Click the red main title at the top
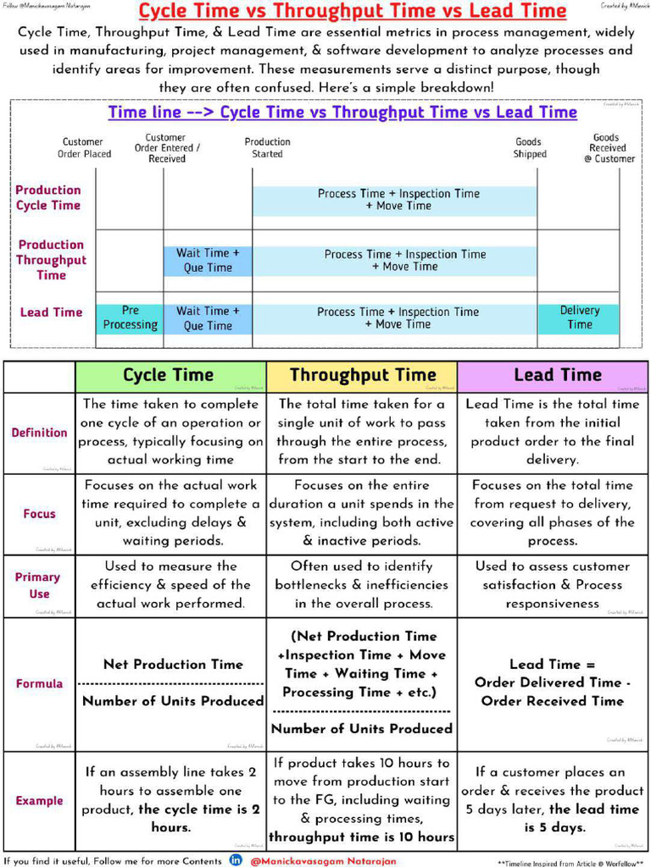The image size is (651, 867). point(352,11)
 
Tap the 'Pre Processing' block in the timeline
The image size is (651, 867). point(130,318)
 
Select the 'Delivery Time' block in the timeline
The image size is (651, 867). point(579,318)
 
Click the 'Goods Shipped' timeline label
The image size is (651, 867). point(530,148)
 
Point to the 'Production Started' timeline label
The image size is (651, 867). point(267,148)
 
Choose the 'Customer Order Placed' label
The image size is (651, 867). point(84,148)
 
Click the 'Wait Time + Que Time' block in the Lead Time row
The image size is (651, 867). point(208,318)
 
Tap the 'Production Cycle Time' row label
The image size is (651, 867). point(48,197)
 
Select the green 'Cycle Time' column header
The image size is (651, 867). point(169,375)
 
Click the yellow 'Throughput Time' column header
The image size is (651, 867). point(362,375)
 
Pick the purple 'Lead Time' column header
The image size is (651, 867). point(557,375)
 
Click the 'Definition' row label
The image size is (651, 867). point(39,433)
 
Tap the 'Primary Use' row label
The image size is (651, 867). point(39,585)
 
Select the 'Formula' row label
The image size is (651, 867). point(39,683)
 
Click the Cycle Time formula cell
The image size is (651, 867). point(172,683)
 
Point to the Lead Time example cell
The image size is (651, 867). point(553,800)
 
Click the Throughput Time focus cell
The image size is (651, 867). point(362,513)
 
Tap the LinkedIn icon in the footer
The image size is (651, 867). point(236,860)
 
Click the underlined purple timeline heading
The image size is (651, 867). point(342,113)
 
